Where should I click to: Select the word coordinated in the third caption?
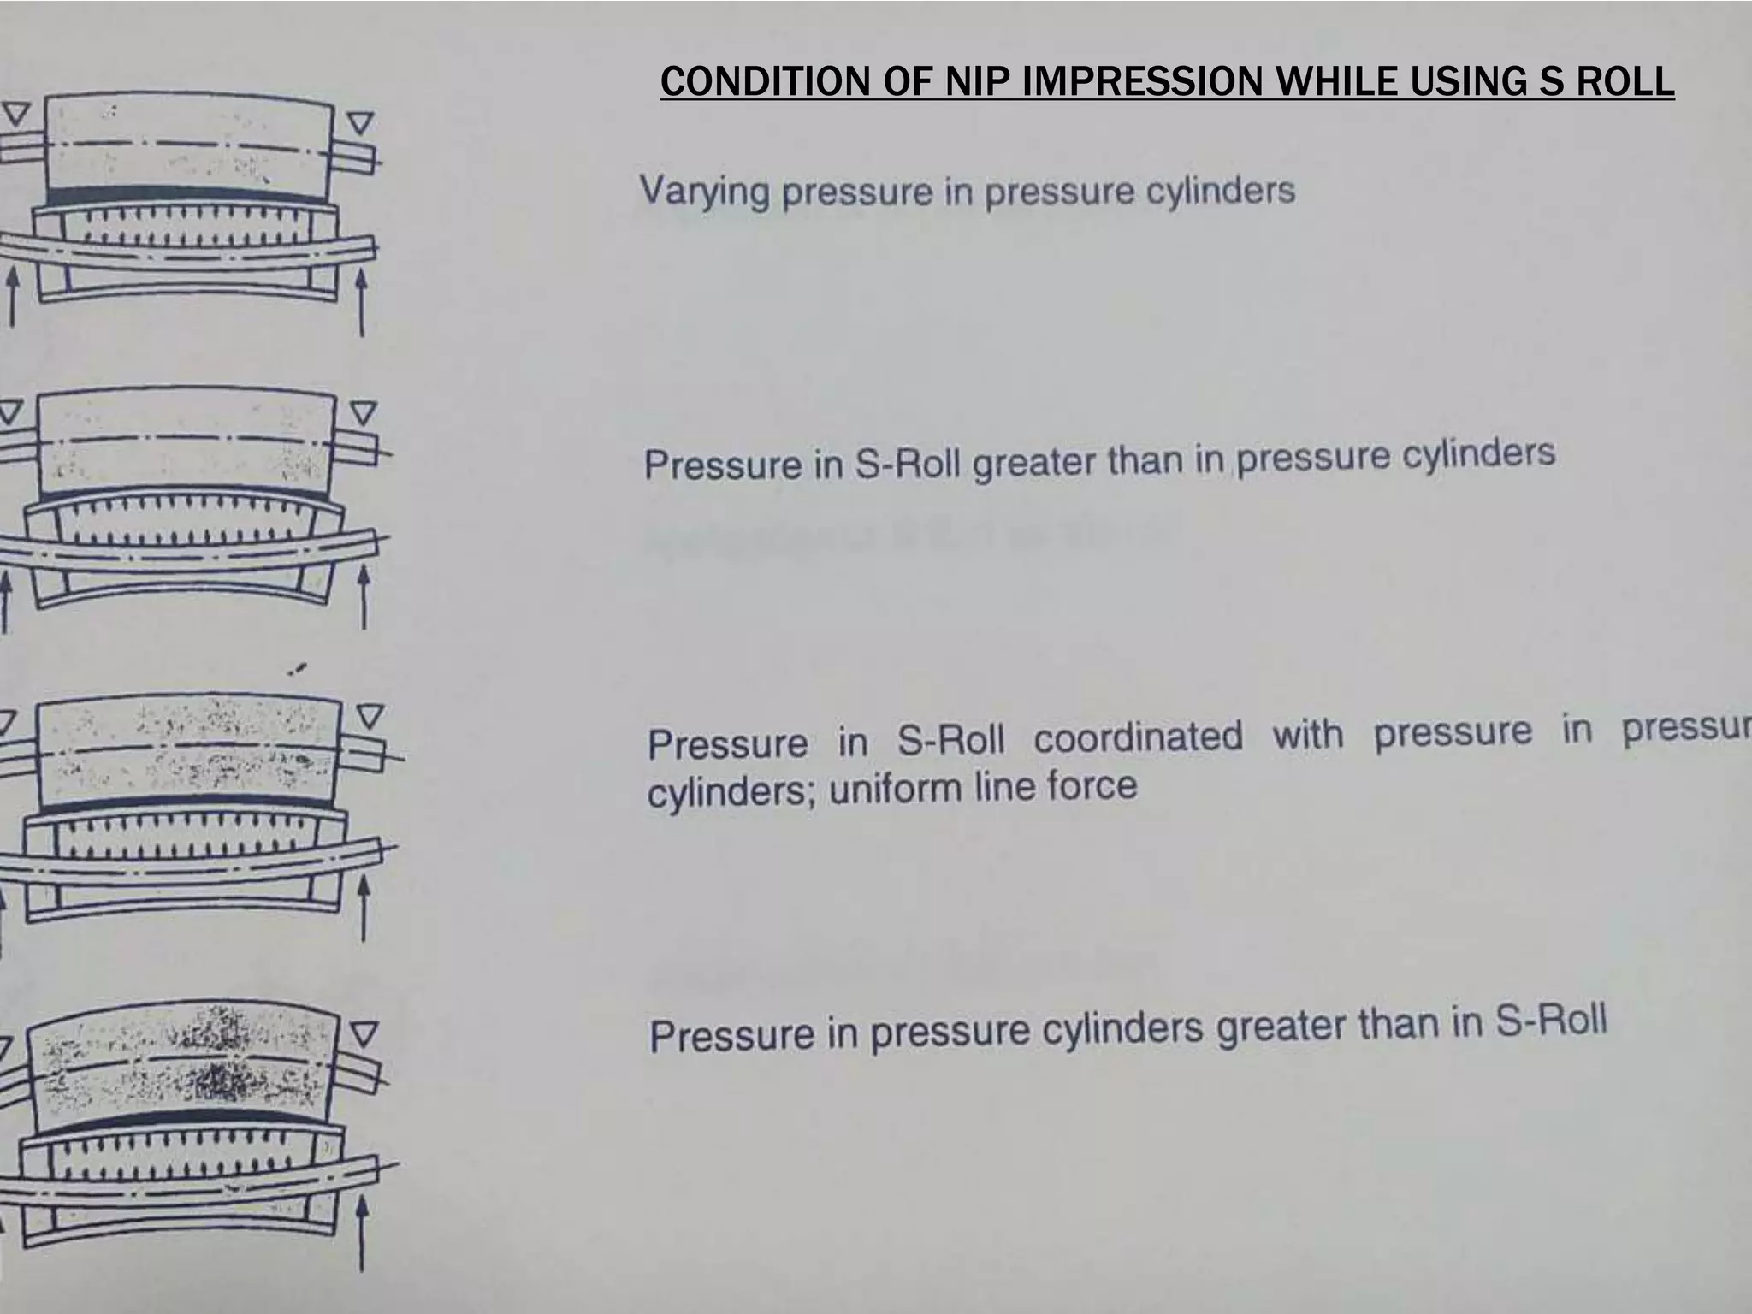tap(1137, 737)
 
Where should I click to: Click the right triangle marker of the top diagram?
tap(361, 124)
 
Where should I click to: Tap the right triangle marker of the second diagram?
tap(364, 414)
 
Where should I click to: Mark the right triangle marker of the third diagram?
tap(370, 715)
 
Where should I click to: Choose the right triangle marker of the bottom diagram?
tap(364, 1034)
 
